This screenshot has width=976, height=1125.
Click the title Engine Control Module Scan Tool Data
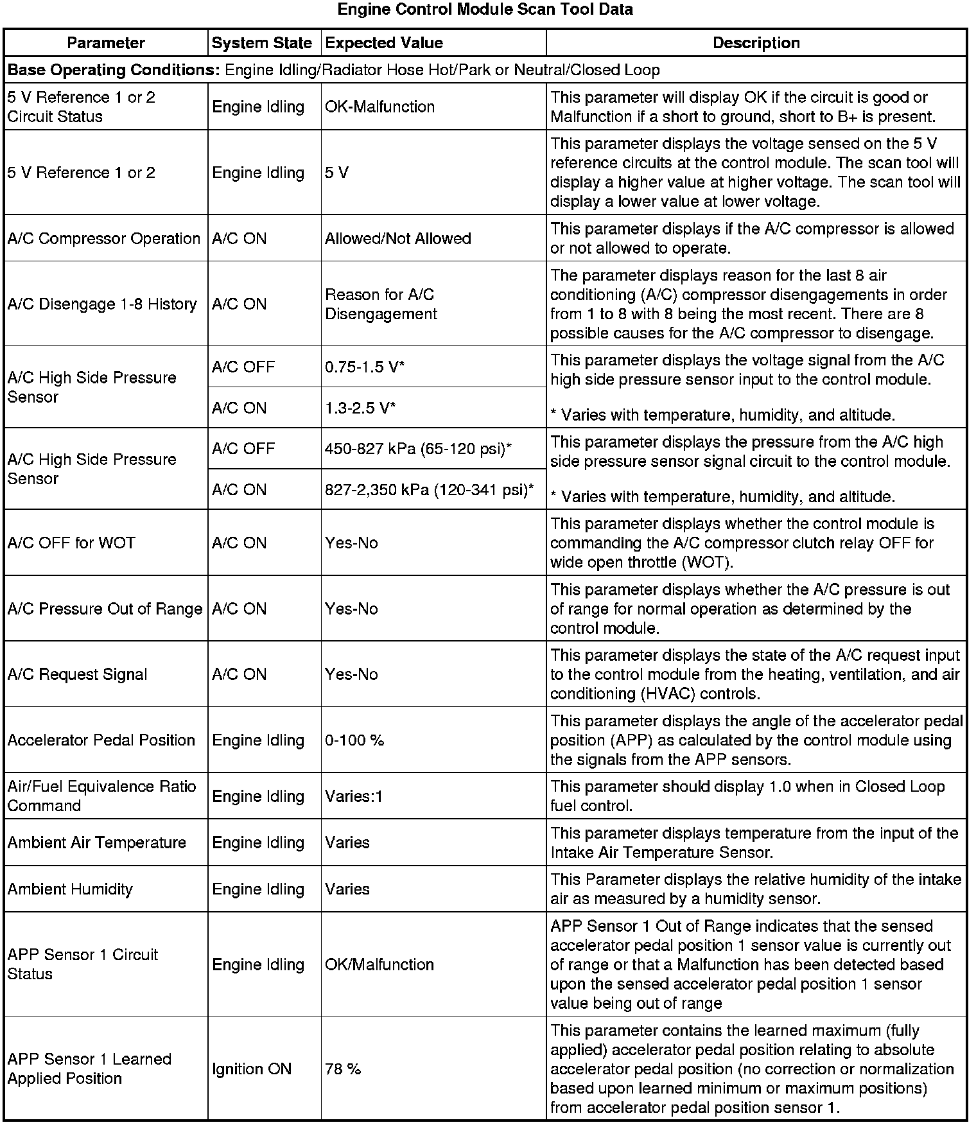[x=485, y=10]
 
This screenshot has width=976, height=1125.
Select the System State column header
[x=261, y=43]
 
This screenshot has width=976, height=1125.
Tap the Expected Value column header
[x=384, y=43]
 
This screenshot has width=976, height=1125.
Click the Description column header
[x=756, y=43]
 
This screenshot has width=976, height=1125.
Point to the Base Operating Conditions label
[x=114, y=70]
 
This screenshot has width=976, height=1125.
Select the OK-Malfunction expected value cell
[x=379, y=107]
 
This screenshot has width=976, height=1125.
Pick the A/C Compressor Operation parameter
[x=104, y=238]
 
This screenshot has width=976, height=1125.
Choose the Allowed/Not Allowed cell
[x=397, y=238]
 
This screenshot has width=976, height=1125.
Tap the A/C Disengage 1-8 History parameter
[x=102, y=304]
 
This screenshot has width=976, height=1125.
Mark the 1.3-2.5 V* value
[x=360, y=408]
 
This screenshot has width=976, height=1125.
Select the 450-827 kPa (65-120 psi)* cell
[x=418, y=448]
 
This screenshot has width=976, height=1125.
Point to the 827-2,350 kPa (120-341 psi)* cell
[x=429, y=489]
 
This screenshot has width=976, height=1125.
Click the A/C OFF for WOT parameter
[x=71, y=543]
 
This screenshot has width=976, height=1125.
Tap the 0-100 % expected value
[x=354, y=740]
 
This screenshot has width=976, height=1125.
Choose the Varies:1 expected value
[x=353, y=796]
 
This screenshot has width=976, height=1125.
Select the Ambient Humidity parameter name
[x=70, y=889]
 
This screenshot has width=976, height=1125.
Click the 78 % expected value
[x=343, y=1068]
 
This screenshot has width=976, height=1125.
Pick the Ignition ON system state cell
[x=252, y=1068]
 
